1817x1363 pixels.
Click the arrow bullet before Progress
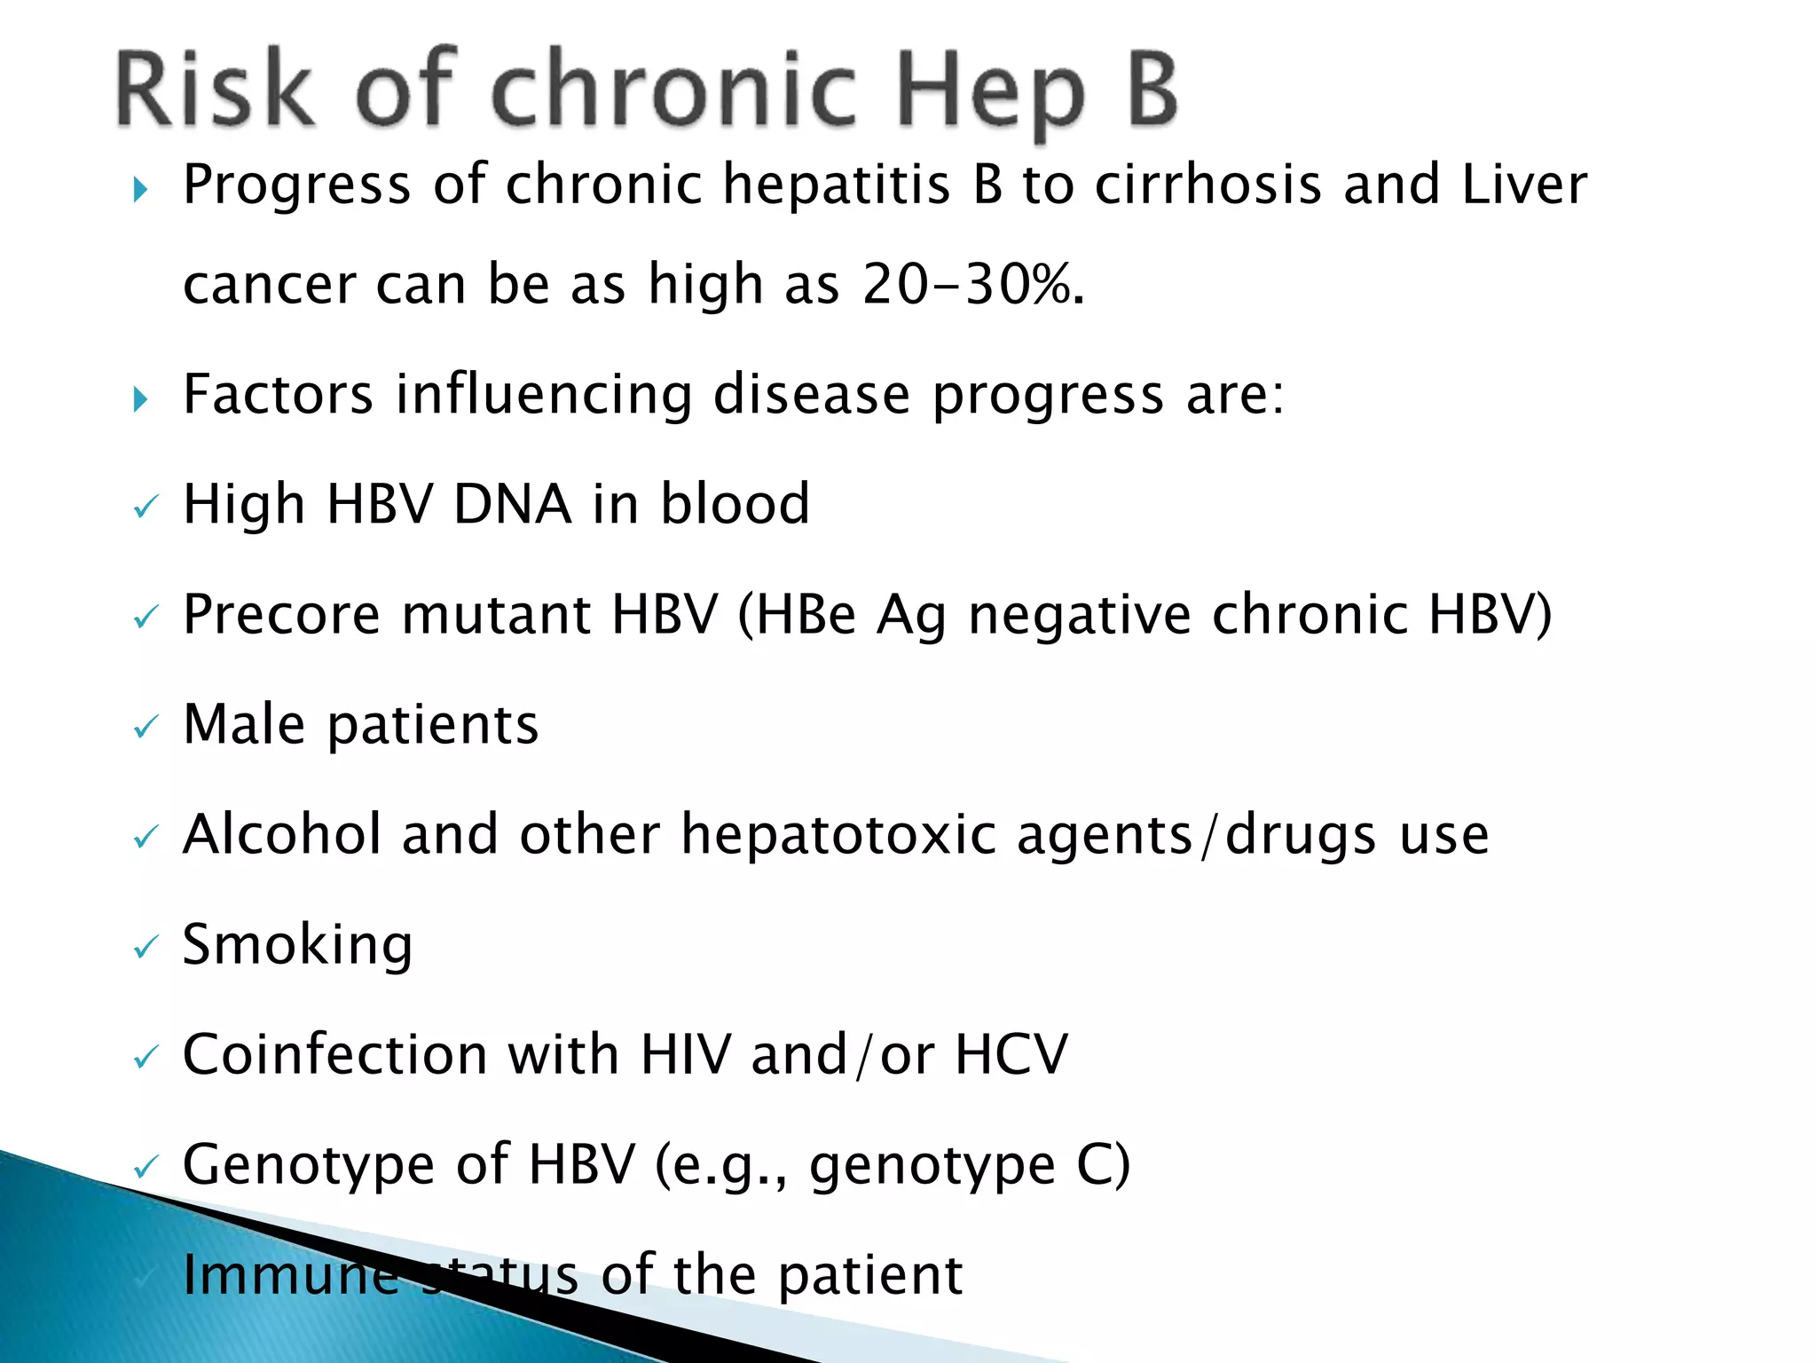(x=140, y=189)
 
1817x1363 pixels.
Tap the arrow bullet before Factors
(x=140, y=398)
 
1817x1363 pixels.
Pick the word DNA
(x=512, y=504)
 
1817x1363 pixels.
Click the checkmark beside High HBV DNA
(x=145, y=508)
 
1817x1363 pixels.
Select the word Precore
(x=281, y=614)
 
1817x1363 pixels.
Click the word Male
(x=244, y=724)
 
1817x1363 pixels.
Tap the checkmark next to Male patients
(x=145, y=728)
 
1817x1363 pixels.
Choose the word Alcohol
(x=281, y=834)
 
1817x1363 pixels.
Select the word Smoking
(x=297, y=945)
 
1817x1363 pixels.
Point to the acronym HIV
(x=685, y=1054)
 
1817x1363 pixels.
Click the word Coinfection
(x=334, y=1054)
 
